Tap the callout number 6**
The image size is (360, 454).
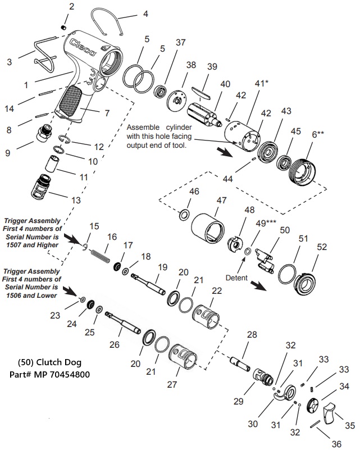pos(318,134)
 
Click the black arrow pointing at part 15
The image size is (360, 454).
pos(72,238)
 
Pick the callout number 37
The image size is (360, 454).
pos(180,43)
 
